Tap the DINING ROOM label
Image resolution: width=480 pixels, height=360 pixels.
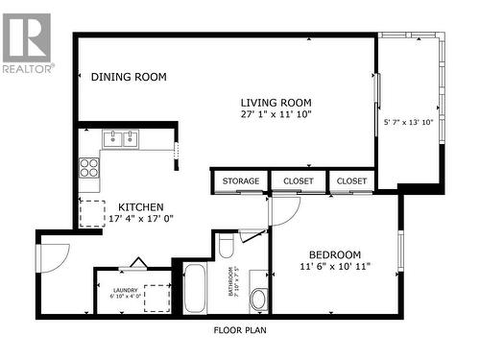(x=129, y=78)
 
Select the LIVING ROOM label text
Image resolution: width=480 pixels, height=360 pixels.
(x=276, y=103)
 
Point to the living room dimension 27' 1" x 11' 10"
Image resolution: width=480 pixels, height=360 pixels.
(x=276, y=114)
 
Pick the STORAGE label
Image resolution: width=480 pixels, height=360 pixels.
(x=240, y=180)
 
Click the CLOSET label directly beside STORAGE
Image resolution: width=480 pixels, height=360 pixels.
(x=299, y=180)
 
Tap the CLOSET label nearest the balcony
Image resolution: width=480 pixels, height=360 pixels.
(x=351, y=180)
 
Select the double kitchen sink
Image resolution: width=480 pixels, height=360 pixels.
(x=120, y=140)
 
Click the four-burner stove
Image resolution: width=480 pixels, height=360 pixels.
(x=89, y=169)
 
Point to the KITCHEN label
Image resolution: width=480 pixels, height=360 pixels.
(x=140, y=207)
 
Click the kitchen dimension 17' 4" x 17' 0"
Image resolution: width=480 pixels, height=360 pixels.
(x=140, y=219)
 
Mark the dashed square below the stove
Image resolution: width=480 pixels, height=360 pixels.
(x=92, y=211)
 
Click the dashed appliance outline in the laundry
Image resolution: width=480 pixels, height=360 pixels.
(x=156, y=299)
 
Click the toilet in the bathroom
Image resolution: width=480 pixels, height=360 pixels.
(x=227, y=248)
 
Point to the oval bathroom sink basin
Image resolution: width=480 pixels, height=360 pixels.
(x=258, y=299)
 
